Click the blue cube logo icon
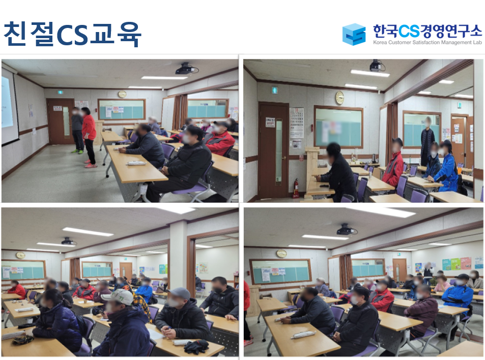[x=354, y=34]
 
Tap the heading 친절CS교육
[x=72, y=34]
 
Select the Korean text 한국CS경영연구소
[x=427, y=31]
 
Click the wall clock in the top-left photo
[x=122, y=94]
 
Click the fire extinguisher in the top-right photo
[x=296, y=188]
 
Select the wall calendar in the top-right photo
[x=296, y=123]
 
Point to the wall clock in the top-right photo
[x=339, y=98]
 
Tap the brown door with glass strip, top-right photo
[x=274, y=151]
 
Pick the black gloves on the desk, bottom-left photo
[x=196, y=346]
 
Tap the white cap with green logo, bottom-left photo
[x=118, y=296]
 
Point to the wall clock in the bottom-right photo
[x=281, y=253]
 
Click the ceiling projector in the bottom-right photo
[x=346, y=229]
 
